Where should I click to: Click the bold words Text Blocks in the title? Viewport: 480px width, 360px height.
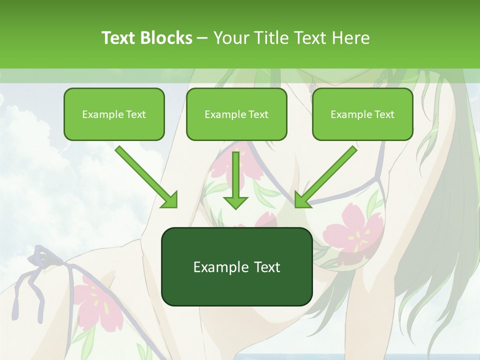146,38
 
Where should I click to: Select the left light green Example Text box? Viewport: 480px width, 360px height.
114,114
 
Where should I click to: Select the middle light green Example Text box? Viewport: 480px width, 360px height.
236,114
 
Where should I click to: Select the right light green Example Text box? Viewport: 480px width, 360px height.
362,114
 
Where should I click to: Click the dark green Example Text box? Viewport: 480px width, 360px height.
236,267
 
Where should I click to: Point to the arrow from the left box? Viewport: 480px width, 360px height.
145,175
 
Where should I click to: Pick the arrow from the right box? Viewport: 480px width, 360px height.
327,175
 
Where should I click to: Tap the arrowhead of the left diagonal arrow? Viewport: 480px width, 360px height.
170,200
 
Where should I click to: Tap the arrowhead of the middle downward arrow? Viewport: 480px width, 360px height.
235,202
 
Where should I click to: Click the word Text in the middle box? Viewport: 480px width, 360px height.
258,114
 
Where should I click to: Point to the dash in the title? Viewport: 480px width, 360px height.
202,38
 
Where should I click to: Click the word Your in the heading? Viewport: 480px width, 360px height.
229,38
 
